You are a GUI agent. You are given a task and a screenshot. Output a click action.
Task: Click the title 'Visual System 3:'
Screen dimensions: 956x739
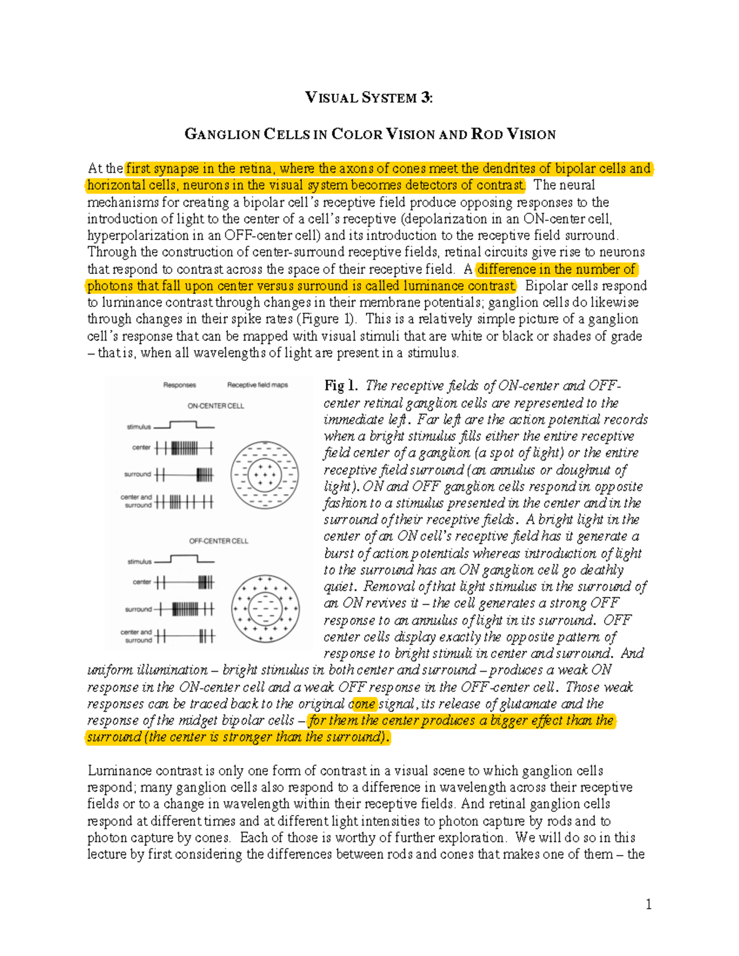[x=369, y=97]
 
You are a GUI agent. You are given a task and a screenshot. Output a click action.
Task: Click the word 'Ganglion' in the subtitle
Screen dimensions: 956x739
[x=222, y=134]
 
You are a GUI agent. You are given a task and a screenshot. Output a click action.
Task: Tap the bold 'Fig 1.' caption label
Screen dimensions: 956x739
[x=341, y=386]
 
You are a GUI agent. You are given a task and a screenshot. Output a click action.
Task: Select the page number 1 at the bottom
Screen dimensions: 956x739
[x=648, y=904]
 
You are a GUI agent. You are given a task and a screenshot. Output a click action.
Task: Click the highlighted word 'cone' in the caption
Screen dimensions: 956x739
[x=363, y=704]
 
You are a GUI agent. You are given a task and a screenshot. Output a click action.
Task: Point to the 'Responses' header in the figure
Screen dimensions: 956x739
[x=179, y=385]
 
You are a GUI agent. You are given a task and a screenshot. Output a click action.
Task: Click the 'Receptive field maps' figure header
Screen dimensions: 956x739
[x=257, y=385]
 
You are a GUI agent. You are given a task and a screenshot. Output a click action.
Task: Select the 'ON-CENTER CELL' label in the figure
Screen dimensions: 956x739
[x=216, y=406]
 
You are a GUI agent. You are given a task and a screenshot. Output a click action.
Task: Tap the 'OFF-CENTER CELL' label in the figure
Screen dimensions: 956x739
[x=218, y=541]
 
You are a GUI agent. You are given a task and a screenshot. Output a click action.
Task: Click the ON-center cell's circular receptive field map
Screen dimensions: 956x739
[x=264, y=475]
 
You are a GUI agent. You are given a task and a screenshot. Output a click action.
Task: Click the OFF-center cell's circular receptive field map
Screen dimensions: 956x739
[x=265, y=609]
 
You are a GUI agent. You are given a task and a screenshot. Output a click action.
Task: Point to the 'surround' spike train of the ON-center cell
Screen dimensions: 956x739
[x=184, y=475]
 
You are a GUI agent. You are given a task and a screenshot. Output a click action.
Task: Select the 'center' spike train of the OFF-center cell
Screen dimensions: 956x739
[x=184, y=582]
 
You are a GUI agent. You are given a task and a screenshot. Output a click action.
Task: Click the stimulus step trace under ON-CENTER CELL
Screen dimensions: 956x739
[x=184, y=425]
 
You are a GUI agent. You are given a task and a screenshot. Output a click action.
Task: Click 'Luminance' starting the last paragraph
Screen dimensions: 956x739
[x=118, y=771]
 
